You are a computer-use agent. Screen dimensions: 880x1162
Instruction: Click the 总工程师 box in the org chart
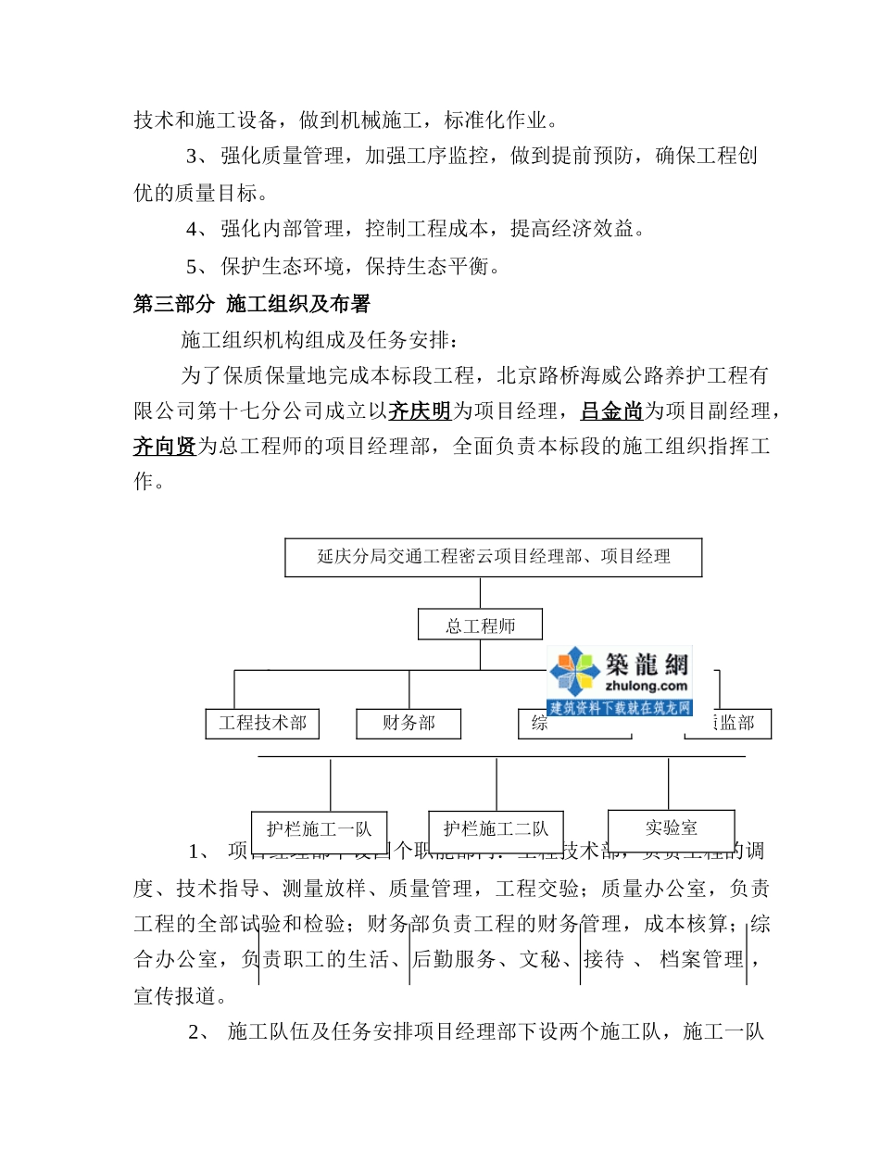click(x=480, y=625)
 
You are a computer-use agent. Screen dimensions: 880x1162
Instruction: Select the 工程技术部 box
click(x=262, y=723)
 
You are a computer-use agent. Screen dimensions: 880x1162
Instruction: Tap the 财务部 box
click(x=409, y=723)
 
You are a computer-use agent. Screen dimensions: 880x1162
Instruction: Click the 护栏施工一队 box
click(x=319, y=829)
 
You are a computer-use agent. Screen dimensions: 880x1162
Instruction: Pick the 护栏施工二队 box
click(x=496, y=828)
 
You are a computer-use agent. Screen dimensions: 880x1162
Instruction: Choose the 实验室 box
click(x=671, y=827)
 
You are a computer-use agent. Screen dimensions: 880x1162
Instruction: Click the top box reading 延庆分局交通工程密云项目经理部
click(x=493, y=557)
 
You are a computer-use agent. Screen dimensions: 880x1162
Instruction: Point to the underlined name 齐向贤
click(x=165, y=447)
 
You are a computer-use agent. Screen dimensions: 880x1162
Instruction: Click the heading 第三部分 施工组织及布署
click(x=252, y=304)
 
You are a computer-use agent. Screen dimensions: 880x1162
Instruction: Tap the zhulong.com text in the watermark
click(x=646, y=687)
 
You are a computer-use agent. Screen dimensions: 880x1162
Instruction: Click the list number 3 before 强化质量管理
click(x=192, y=156)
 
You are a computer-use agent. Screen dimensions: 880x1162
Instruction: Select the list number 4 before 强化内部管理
click(x=192, y=229)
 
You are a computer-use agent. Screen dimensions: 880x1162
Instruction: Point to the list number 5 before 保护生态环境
click(x=192, y=268)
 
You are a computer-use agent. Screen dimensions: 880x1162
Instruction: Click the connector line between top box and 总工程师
click(x=480, y=593)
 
